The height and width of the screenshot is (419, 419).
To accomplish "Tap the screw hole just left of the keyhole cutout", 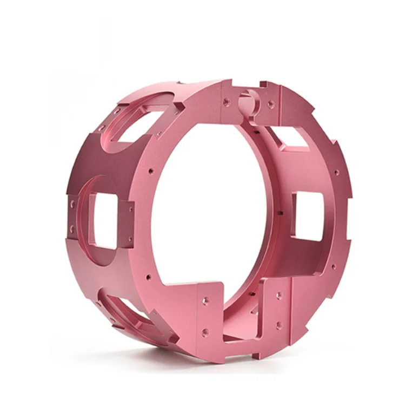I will coord(227,100).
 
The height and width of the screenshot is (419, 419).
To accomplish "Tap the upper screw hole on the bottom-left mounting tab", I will coord(205,298).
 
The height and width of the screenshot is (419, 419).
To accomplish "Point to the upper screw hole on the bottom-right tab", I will coord(279,296).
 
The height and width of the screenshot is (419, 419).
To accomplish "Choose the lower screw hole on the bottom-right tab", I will coord(278,325).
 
